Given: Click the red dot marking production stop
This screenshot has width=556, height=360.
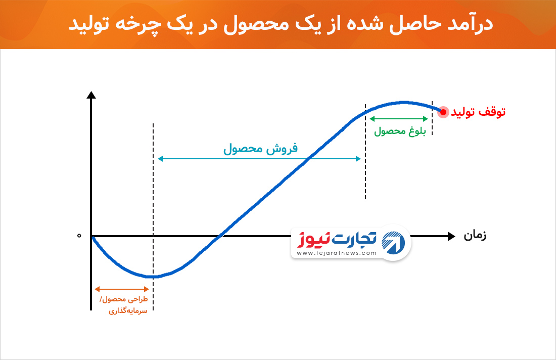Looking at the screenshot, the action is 443,112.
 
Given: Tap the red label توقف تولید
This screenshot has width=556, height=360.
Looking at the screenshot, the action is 478,112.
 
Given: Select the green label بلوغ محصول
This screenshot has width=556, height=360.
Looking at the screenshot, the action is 400,131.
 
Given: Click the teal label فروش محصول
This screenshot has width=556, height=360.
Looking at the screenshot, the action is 260,148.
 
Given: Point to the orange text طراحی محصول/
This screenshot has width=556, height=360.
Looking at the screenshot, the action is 124,299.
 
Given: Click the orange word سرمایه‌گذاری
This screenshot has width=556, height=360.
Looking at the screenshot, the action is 128,311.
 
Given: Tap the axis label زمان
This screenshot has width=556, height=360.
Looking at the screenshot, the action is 475,236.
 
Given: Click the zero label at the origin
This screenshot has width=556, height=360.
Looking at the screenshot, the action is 79,236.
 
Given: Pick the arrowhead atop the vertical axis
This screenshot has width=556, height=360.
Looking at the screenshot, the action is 91,95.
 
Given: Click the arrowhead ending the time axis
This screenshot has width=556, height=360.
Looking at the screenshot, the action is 451,236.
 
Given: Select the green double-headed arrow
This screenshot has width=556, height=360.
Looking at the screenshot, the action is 399,119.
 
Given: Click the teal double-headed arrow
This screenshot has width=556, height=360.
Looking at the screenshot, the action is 259,159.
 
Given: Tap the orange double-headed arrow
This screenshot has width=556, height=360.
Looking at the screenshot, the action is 122,289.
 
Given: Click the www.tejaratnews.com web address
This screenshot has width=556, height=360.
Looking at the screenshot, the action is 336,253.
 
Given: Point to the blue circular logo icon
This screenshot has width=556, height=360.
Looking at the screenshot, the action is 393,243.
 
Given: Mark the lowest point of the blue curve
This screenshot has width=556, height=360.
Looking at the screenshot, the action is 153,276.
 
